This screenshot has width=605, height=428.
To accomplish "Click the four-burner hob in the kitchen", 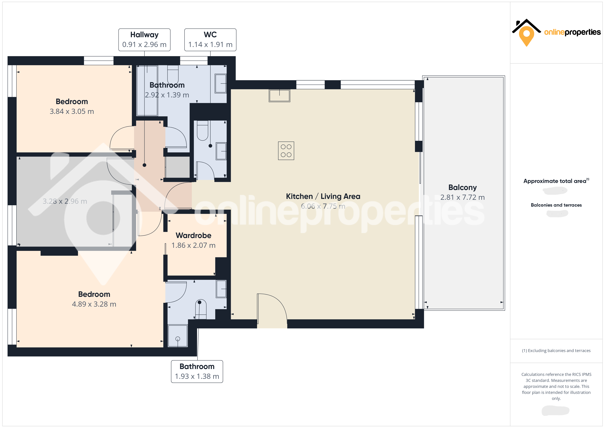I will click(x=286, y=151).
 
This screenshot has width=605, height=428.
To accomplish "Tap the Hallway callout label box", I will click(x=144, y=40).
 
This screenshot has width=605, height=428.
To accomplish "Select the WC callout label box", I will click(x=210, y=40).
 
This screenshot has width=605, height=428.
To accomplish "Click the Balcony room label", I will click(x=462, y=187).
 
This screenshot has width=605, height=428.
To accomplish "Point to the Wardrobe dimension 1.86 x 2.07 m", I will click(x=193, y=245).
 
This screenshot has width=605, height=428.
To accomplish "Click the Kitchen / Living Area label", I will click(x=323, y=196).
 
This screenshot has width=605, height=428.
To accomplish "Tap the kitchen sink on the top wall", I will click(x=279, y=95).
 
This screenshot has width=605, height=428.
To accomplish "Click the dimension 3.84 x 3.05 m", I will click(x=72, y=111).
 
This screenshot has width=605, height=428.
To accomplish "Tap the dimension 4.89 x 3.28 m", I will click(x=94, y=304).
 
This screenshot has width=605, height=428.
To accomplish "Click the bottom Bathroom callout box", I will click(x=197, y=371).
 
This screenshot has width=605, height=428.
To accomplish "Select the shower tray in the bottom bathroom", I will click(x=178, y=336).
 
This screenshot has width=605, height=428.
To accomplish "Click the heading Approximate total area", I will click(x=555, y=181).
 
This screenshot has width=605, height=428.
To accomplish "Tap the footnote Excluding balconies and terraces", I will click(x=556, y=350).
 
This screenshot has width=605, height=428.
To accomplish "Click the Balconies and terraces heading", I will click(x=556, y=205).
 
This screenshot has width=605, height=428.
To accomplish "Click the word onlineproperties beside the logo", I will click(x=572, y=32).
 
